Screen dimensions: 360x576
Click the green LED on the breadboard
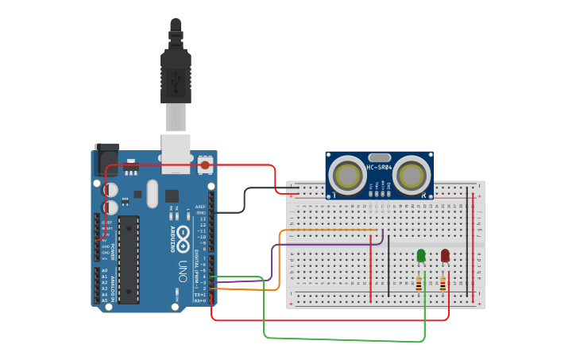click(x=421, y=255)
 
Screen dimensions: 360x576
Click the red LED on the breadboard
click(x=445, y=255)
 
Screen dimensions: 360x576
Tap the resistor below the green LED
click(x=419, y=284)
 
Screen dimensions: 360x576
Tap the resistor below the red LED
click(x=443, y=284)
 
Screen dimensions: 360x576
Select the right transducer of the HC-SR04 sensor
click(x=412, y=175)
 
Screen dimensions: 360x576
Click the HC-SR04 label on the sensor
click(x=379, y=168)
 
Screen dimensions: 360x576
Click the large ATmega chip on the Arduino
click(x=129, y=259)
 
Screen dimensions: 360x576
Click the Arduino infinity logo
click(x=183, y=235)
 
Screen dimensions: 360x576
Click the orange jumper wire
click(x=280, y=262)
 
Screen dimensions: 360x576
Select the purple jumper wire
click(x=273, y=262)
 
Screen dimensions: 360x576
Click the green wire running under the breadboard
click(x=342, y=339)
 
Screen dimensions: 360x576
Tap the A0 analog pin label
click(x=104, y=271)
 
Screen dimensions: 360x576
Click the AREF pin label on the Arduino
click(x=201, y=207)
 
